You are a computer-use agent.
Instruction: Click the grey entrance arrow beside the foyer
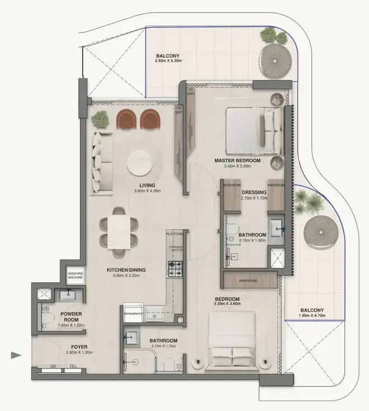(x=16, y=355)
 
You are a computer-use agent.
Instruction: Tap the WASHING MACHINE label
(x=75, y=275)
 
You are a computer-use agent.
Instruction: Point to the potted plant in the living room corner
(x=101, y=119)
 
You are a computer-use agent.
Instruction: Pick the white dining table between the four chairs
(x=119, y=230)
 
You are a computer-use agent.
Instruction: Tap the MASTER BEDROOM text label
(x=238, y=160)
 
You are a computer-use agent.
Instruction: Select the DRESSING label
(x=254, y=192)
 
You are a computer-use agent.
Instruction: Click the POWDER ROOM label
(x=71, y=318)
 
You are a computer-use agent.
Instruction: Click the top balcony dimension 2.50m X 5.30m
(x=169, y=60)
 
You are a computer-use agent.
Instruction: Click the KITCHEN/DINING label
(x=126, y=270)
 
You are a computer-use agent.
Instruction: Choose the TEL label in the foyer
(x=72, y=366)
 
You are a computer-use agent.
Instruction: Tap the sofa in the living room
(x=103, y=161)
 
